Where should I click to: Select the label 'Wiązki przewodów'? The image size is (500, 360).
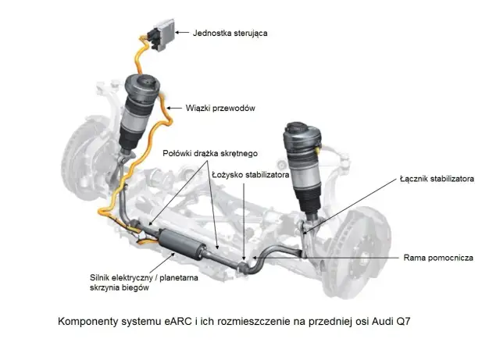click(x=219, y=107)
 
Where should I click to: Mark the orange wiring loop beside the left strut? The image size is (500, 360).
click(x=166, y=117)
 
